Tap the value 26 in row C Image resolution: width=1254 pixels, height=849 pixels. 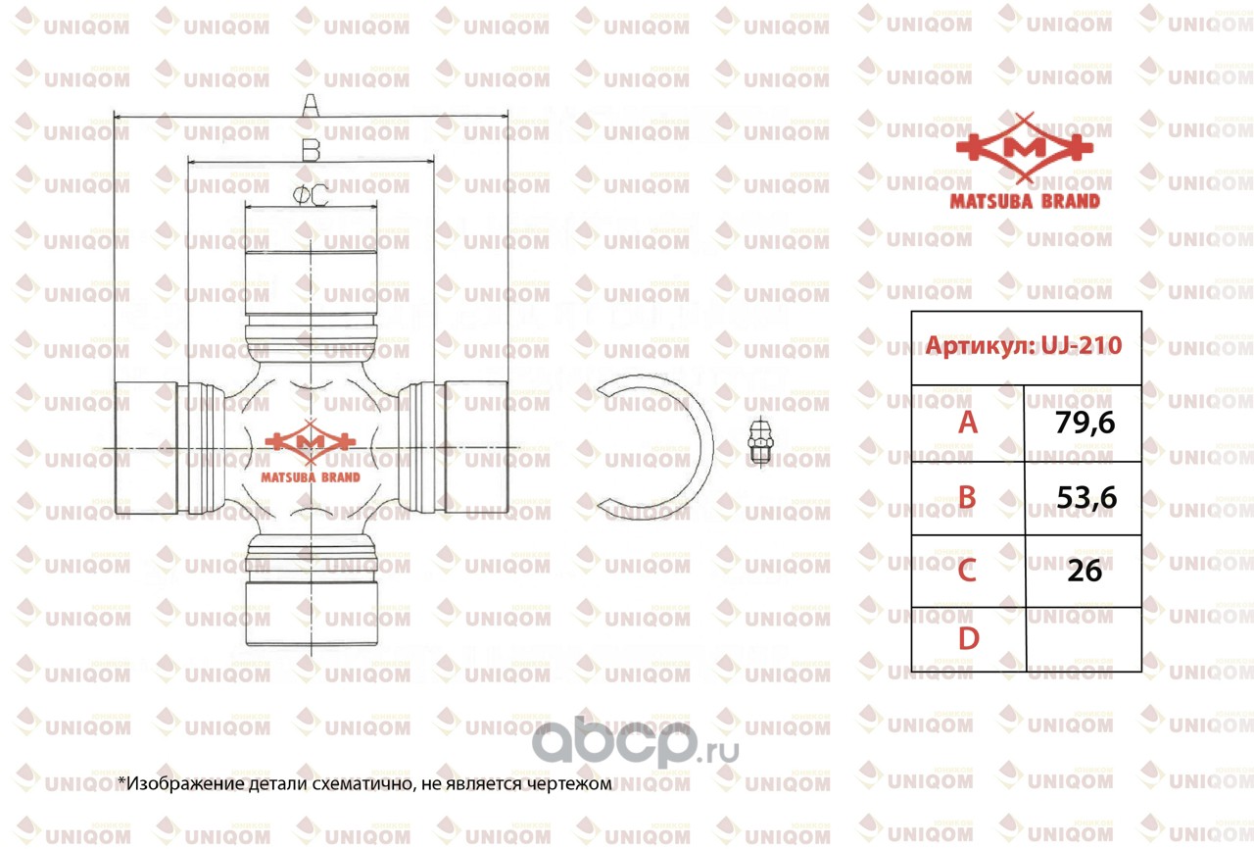(1085, 571)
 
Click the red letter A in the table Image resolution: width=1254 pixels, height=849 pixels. (968, 423)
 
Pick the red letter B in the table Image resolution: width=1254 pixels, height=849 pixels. (968, 498)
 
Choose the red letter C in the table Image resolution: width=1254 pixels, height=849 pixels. (968, 571)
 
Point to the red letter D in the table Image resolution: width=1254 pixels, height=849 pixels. (968, 639)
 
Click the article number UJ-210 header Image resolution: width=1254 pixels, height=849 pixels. (1025, 346)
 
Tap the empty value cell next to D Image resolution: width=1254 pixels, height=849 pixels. (1084, 639)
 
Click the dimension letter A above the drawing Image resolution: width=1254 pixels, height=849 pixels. (310, 104)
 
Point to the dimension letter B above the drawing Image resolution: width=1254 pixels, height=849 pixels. (310, 149)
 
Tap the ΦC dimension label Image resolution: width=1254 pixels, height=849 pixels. (310, 196)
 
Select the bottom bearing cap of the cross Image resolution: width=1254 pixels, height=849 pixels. (311, 613)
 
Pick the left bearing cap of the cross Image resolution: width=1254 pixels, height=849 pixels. (146, 447)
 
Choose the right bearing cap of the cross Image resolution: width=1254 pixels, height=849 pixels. (476, 447)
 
